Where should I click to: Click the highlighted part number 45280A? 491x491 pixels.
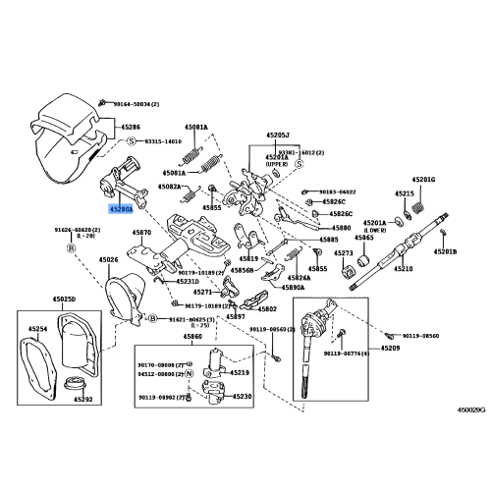coord(122,209)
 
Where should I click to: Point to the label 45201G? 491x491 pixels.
coord(424,180)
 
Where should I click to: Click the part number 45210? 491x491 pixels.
coord(404,268)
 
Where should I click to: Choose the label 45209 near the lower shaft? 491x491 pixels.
coord(390,349)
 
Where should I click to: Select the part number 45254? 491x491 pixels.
coord(38,329)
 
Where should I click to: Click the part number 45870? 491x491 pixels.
coord(142,234)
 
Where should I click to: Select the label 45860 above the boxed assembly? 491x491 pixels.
coord(193,337)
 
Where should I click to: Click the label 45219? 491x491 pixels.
coord(241,373)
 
